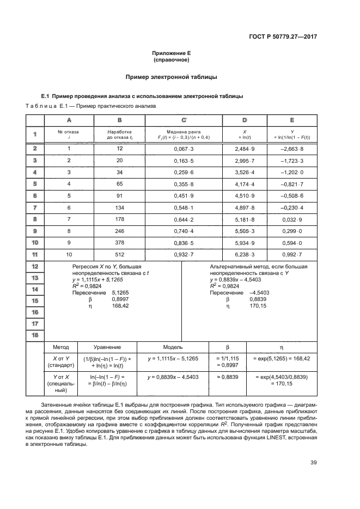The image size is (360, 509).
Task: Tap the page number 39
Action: [x=313, y=463]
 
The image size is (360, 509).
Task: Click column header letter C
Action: [x=184, y=119]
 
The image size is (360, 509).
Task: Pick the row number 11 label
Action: [x=34, y=254]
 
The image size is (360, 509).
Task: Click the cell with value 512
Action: [x=120, y=254]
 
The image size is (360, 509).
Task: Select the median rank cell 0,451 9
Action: [x=184, y=195]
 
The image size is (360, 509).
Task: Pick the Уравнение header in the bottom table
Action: [x=107, y=347]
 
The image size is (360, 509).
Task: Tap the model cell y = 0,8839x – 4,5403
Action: [x=173, y=377]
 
